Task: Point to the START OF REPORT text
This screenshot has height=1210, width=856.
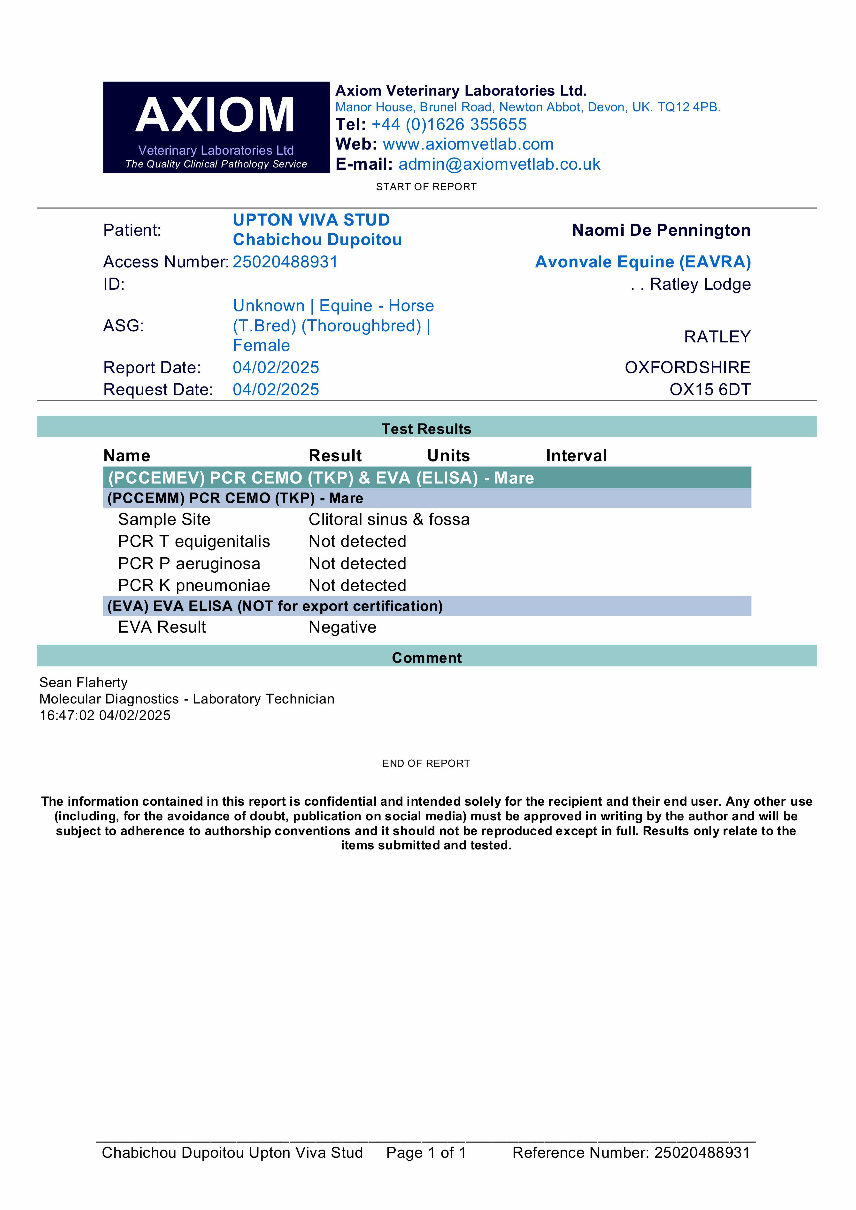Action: click(426, 187)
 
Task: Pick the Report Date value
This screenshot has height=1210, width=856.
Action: click(276, 367)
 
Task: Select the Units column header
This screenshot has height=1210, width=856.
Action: click(448, 455)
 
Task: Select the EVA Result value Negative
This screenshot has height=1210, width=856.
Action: click(342, 627)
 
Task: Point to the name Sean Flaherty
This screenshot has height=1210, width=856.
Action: click(83, 682)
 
